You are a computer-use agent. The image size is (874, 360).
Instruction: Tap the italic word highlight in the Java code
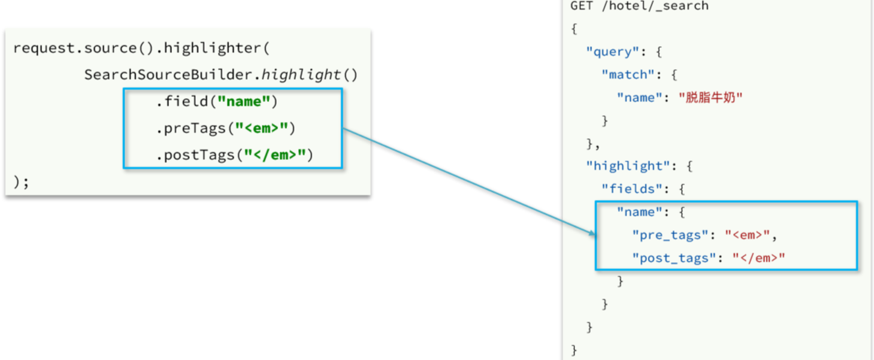point(301,75)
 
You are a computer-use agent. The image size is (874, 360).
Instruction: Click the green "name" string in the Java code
point(244,102)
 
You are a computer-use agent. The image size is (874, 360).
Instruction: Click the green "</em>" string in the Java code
point(275,155)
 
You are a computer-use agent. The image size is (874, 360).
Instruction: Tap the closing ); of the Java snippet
point(21,181)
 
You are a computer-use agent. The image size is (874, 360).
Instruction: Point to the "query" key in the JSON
point(612,52)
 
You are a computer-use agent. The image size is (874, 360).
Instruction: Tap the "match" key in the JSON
point(628,75)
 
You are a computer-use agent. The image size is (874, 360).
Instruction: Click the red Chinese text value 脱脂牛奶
point(710,98)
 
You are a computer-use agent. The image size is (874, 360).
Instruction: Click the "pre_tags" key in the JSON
point(670,235)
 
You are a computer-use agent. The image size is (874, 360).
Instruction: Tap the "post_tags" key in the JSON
point(674,258)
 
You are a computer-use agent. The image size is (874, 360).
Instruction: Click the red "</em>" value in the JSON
point(758,258)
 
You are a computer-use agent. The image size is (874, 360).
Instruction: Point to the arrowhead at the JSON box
point(593,234)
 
